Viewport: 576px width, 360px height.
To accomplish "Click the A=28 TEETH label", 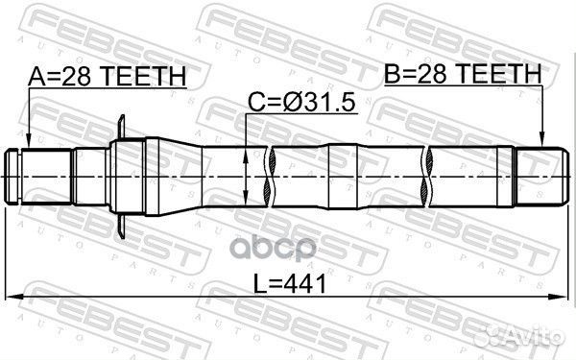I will tap(107, 77).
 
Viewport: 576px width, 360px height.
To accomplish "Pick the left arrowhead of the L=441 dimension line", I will tap(13, 296).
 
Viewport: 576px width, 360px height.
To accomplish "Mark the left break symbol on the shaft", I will tap(274, 175).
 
